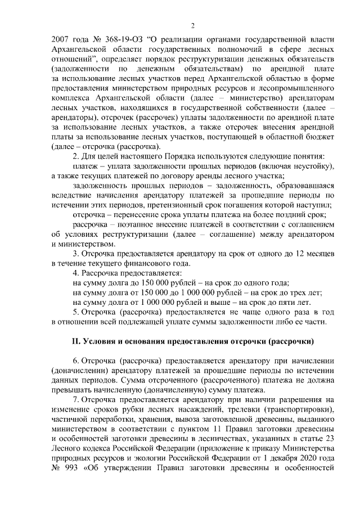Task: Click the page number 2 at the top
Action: coord(192,25)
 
